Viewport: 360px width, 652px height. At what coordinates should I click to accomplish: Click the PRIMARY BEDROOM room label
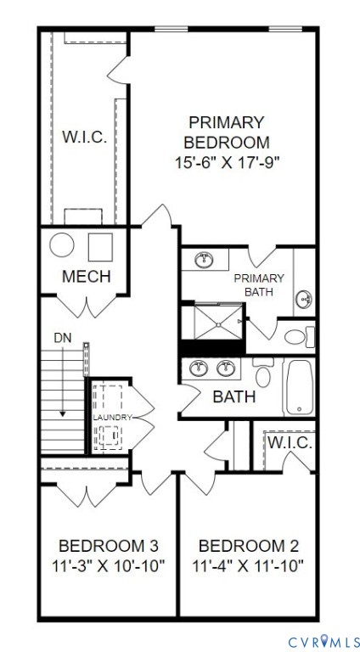[227, 132]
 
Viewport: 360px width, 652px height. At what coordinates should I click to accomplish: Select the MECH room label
[86, 277]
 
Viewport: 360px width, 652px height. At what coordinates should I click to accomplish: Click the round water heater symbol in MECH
[62, 245]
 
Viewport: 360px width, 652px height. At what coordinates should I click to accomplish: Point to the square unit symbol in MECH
[100, 246]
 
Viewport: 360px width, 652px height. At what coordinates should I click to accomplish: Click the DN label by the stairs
[63, 339]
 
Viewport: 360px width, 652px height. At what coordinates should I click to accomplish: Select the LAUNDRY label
[112, 418]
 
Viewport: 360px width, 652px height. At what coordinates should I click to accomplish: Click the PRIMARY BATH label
[259, 285]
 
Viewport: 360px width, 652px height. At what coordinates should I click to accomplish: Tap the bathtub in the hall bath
[300, 387]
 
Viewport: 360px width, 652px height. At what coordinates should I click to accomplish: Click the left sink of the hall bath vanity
[200, 368]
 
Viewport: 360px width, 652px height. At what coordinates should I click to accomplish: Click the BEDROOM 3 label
[108, 545]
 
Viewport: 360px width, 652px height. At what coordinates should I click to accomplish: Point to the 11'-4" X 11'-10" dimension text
[247, 565]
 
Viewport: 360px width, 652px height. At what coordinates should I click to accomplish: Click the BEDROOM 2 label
[247, 545]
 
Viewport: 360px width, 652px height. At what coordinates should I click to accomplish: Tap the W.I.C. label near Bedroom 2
[291, 442]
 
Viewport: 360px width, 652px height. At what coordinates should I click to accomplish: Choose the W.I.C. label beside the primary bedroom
[84, 138]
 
